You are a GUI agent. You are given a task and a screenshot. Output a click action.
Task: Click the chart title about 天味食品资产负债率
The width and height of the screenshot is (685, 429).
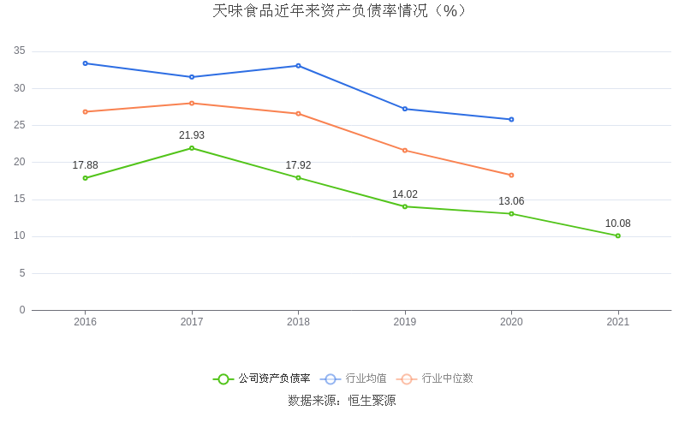click(x=342, y=11)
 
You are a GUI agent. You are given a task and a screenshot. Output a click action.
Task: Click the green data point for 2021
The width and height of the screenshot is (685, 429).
click(x=617, y=235)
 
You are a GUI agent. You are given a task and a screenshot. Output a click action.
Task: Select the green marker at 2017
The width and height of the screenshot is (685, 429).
click(x=192, y=148)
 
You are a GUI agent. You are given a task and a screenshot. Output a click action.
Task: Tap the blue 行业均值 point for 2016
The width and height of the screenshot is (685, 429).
click(x=86, y=63)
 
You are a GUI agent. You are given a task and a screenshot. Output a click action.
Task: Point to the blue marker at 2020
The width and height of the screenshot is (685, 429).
click(x=511, y=119)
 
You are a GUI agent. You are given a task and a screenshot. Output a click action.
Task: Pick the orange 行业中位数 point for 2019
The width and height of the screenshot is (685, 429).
click(x=405, y=151)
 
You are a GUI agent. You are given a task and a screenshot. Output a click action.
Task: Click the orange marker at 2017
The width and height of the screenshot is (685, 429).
click(x=192, y=103)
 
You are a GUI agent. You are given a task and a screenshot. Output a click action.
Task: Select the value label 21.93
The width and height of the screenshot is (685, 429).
click(x=192, y=135)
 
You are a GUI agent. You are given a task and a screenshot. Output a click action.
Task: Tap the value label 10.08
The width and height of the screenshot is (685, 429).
click(x=617, y=223)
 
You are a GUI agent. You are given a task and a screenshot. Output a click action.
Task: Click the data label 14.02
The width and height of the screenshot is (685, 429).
click(x=405, y=194)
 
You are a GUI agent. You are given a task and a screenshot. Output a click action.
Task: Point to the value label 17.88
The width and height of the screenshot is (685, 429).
click(x=86, y=165)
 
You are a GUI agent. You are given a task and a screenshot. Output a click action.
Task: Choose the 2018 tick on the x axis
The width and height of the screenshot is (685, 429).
click(x=298, y=322)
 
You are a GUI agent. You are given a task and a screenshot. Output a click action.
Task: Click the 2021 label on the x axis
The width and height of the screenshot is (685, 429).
click(x=617, y=322)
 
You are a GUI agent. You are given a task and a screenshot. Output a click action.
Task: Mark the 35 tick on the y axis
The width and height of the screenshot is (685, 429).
click(x=20, y=51)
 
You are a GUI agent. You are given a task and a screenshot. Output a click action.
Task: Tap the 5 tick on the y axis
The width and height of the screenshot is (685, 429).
click(x=22, y=273)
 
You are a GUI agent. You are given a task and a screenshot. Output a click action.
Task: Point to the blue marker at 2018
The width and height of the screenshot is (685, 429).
click(x=298, y=66)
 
